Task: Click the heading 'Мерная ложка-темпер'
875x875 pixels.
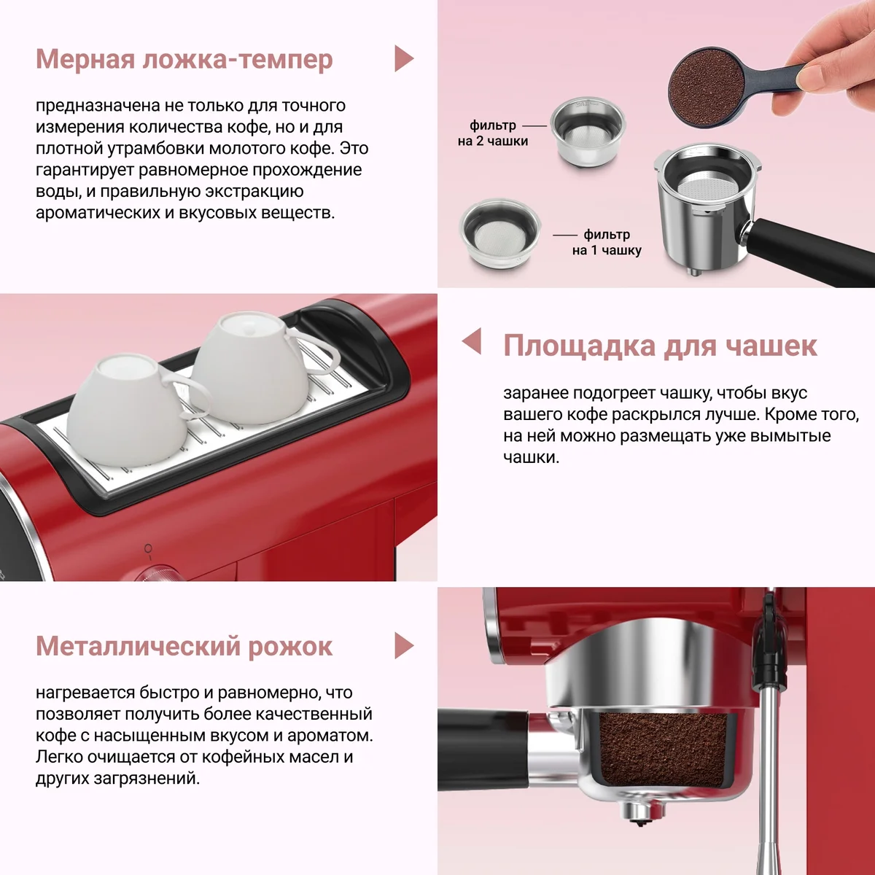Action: [x=184, y=59]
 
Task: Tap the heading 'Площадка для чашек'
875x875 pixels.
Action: [x=660, y=346]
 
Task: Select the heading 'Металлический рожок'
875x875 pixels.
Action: [x=184, y=646]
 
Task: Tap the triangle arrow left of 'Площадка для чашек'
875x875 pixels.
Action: [x=472, y=341]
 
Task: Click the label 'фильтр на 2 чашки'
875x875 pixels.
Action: [x=493, y=133]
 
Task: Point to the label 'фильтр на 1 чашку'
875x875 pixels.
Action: [x=607, y=242]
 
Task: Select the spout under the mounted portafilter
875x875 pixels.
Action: [x=639, y=814]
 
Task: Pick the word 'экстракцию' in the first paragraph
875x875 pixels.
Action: [x=254, y=192]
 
